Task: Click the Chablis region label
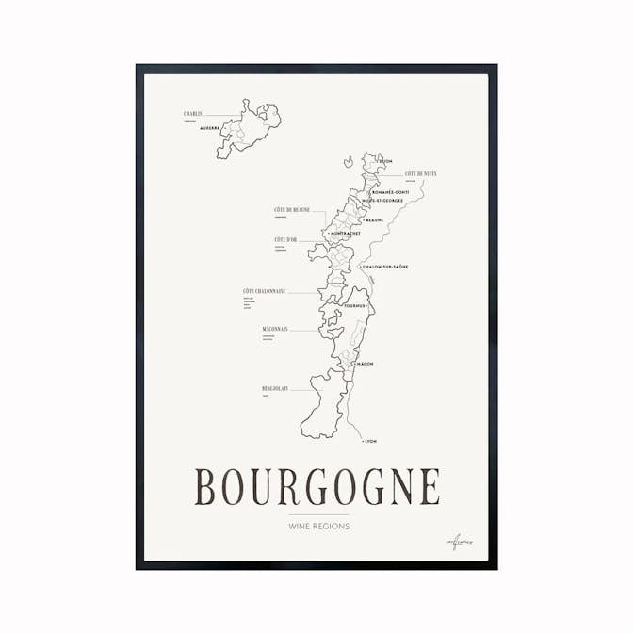pos(193,114)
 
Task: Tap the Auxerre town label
pos(210,128)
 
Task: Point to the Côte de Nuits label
pos(420,174)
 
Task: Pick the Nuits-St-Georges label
pos(383,201)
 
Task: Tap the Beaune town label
pos(375,220)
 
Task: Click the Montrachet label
pos(346,233)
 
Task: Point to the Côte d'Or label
pos(285,240)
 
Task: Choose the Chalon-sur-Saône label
pos(385,267)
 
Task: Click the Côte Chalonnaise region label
pos(264,291)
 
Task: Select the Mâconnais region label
pos(275,329)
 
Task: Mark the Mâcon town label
pos(365,363)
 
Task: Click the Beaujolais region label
pos(275,387)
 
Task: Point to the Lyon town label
pos(369,441)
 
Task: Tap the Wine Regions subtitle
pos(317,527)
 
